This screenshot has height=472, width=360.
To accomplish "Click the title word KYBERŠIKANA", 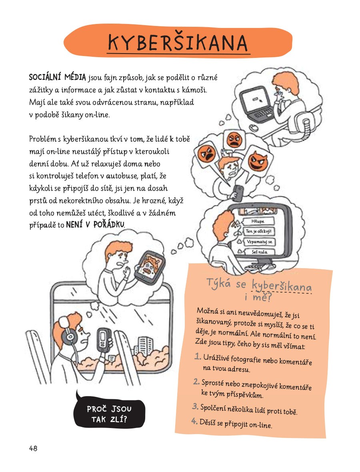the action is click(x=178, y=43).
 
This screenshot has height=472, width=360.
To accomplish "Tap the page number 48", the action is click(x=33, y=448).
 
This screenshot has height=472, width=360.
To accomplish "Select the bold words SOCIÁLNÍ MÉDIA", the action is click(x=58, y=78).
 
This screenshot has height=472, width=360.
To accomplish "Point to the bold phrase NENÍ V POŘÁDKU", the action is click(x=95, y=225).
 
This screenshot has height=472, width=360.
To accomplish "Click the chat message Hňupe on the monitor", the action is click(x=258, y=221).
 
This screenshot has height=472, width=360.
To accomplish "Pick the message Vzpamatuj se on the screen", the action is click(x=260, y=242).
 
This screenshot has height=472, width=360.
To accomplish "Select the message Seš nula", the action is click(x=259, y=252).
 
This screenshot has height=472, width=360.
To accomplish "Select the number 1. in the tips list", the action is click(x=198, y=357).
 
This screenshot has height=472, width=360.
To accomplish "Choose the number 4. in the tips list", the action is click(x=195, y=421).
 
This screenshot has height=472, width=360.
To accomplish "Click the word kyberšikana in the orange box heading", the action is click(x=281, y=285).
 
